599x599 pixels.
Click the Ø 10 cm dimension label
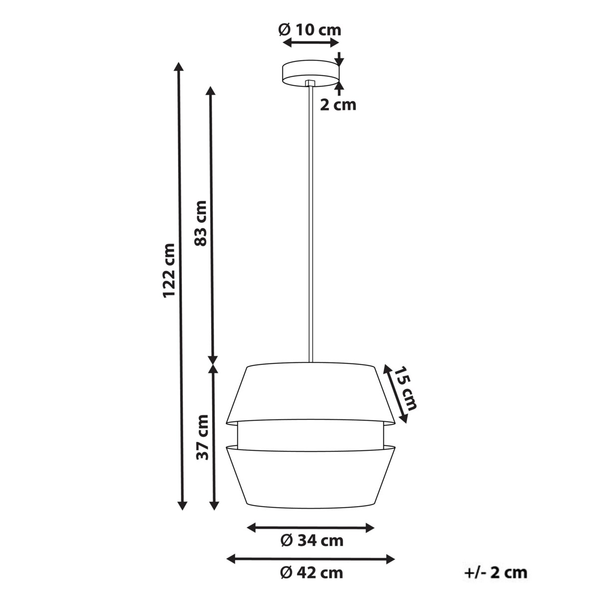click(309, 30)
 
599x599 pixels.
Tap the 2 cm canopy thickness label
click(338, 105)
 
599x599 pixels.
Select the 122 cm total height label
click(169, 271)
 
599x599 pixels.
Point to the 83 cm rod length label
click(200, 223)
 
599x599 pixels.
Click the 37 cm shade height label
click(202, 437)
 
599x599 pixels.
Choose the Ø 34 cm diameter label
click(311, 540)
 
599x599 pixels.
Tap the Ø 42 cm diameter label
click(311, 573)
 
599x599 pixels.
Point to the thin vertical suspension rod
click(310, 225)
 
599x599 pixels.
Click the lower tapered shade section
click(310, 475)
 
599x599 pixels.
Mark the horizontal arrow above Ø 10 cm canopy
click(310, 44)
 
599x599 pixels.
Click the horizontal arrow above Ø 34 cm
click(311, 527)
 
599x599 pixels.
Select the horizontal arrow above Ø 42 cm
click(311, 559)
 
